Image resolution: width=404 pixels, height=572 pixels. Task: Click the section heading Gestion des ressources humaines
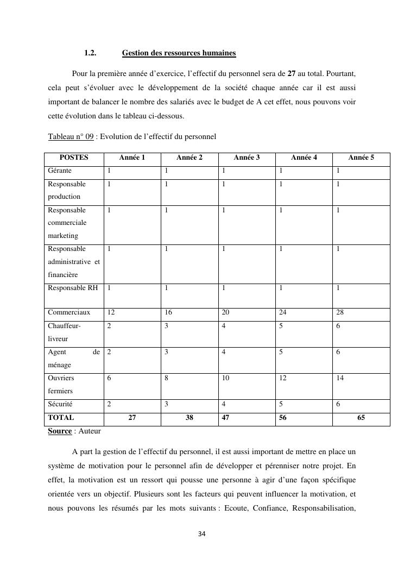(179, 53)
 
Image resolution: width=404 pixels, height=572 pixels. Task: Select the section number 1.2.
(90, 53)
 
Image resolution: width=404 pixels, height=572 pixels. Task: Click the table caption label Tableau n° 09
(71, 136)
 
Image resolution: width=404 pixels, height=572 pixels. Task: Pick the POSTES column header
(74, 158)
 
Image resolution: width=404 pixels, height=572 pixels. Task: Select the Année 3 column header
(247, 158)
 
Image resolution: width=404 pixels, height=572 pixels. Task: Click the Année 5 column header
(361, 158)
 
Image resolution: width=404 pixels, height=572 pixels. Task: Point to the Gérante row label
(60, 171)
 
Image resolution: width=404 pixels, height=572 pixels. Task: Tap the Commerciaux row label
(69, 312)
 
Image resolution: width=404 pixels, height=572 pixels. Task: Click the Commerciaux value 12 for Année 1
(111, 312)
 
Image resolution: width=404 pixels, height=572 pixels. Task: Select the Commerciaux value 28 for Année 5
(340, 312)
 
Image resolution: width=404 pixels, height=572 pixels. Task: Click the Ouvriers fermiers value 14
(340, 378)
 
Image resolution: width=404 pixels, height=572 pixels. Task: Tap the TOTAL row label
(61, 418)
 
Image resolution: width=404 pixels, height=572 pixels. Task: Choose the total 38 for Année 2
(189, 418)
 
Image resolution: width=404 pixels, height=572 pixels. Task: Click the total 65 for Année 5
(361, 418)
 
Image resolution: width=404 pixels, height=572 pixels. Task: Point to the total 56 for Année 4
(283, 418)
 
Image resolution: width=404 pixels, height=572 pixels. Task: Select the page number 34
(202, 534)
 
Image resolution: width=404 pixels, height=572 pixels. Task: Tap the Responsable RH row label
(73, 288)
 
